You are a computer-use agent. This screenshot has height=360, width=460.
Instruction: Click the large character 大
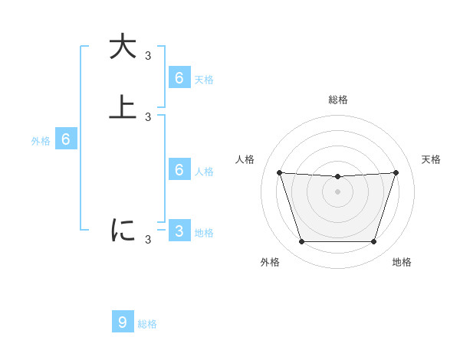pos(123,47)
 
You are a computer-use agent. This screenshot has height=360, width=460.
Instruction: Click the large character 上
pos(123,108)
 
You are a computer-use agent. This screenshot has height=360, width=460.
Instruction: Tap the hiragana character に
pos(123,230)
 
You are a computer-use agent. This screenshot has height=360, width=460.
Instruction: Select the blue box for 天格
pos(179,77)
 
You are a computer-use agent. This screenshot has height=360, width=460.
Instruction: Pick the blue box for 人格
pos(179,169)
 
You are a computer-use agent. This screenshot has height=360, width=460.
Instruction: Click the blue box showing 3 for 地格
pos(179,231)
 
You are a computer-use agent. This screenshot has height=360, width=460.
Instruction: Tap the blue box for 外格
pos(66,139)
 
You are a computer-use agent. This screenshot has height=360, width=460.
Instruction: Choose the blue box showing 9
pos(123,322)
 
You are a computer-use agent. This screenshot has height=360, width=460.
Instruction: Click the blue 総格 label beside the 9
pos(147,324)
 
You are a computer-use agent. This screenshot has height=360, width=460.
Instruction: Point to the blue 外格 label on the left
pos(40,140)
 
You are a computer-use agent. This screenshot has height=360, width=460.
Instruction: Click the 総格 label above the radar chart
pos(337,100)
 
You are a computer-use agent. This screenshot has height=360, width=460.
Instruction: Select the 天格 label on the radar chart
pos(431,159)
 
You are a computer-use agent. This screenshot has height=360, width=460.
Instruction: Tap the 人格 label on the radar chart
pos(245,159)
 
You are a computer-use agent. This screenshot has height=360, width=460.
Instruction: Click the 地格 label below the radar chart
pos(402,262)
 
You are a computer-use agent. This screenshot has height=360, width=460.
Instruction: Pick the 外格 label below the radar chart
pos(270,262)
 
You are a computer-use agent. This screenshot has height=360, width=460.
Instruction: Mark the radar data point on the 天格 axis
pos(396,172)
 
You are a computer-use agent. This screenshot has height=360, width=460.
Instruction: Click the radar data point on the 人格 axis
pos(279,172)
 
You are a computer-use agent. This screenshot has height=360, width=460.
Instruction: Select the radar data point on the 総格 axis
pos(337,177)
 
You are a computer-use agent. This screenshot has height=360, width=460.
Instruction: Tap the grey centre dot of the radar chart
pos(337,191)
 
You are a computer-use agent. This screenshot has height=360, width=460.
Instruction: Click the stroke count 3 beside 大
pos(148,56)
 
